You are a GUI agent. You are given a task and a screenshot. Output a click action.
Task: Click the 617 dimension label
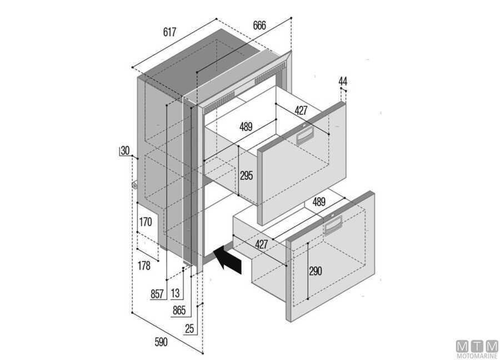170,32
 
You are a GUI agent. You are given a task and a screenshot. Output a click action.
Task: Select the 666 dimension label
259,26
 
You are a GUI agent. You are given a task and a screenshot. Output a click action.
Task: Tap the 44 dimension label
343,82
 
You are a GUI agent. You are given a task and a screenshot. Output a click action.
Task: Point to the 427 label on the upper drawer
301,111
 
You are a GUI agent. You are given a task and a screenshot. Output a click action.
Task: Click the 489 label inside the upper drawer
246,127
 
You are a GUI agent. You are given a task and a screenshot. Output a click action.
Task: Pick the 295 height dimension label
246,176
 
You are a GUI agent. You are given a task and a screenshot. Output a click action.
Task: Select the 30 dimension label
124,151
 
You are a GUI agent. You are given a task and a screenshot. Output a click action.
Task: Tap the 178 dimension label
143,266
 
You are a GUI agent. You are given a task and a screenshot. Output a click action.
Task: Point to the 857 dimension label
158,294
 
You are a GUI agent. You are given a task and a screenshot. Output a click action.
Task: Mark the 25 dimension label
190,329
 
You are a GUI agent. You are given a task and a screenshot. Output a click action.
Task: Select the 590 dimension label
161,342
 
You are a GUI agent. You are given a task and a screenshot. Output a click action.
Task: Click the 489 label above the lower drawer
318,202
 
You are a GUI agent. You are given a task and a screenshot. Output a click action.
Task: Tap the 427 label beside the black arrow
261,244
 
